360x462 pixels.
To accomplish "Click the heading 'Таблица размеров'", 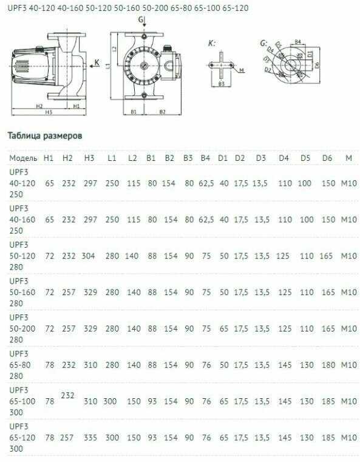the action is [45, 136].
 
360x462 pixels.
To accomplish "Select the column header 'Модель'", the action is [23, 158].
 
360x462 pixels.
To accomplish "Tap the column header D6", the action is [327, 158].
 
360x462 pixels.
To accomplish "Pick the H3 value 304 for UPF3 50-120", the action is [89, 256].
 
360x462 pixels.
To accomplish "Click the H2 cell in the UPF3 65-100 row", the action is [67, 395].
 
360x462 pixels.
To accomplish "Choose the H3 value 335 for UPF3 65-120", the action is [90, 438].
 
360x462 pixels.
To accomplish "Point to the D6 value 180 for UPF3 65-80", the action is [328, 365].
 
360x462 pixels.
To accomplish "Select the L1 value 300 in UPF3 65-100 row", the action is [110, 401].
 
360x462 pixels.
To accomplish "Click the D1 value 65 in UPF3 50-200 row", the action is [224, 328].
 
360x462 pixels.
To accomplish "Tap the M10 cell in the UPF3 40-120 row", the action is [349, 183].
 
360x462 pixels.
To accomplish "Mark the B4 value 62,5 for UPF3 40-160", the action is [206, 220].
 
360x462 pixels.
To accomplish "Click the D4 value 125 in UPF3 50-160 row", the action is [285, 292].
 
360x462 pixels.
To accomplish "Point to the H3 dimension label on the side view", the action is [49, 112].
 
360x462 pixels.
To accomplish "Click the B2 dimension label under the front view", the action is [162, 112].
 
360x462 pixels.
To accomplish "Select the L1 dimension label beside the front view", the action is [109, 66].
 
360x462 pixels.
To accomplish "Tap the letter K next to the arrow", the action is [97, 63].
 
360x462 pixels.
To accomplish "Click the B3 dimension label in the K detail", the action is [222, 84].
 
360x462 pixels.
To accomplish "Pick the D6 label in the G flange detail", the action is [317, 65].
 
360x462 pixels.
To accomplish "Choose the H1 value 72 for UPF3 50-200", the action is [50, 328].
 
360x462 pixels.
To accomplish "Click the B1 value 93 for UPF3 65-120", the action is [152, 438].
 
